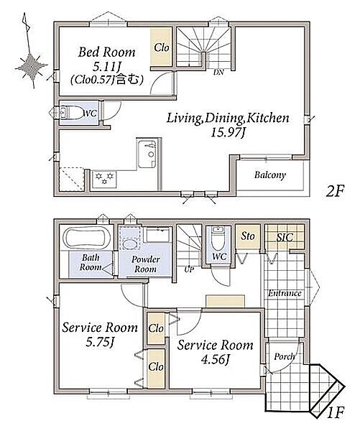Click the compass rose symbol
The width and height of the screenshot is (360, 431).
click(x=31, y=66)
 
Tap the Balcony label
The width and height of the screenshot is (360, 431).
click(x=269, y=175)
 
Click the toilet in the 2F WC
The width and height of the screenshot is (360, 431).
click(x=73, y=113)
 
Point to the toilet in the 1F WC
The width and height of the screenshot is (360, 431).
click(x=218, y=238)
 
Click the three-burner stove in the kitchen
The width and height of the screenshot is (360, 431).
click(x=104, y=179)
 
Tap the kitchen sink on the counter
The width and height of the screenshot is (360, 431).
click(x=147, y=154)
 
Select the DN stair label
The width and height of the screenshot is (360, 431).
click(x=218, y=73)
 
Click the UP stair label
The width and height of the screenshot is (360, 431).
click(x=189, y=270)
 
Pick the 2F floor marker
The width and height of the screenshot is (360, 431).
click(x=335, y=191)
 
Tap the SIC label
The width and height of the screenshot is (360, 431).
click(x=285, y=238)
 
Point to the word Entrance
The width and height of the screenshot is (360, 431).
click(x=285, y=293)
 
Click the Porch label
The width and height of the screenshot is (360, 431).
click(x=285, y=357)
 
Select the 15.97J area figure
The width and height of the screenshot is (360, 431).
click(x=228, y=133)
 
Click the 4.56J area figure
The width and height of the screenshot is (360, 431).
click(x=216, y=360)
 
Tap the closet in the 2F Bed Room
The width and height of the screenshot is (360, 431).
click(x=161, y=47)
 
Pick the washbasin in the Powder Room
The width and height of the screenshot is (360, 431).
click(x=130, y=244)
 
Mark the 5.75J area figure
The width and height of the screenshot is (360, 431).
click(x=100, y=342)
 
